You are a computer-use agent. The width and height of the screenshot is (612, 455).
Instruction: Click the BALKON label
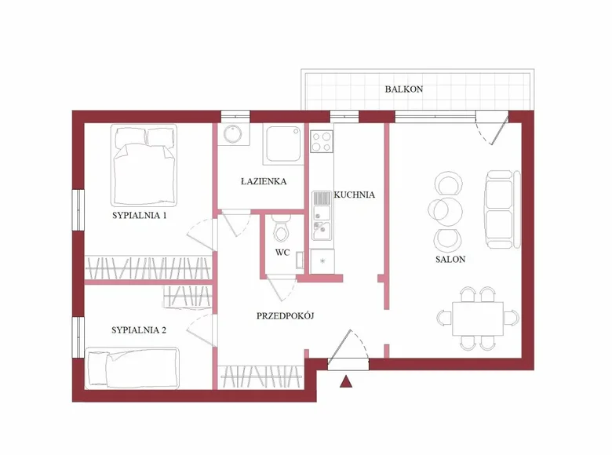(404, 89)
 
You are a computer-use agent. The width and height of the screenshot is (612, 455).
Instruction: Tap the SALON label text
(451, 260)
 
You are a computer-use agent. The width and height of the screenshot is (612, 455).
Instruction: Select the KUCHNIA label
(355, 195)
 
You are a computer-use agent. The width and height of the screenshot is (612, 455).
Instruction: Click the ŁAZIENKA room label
(263, 181)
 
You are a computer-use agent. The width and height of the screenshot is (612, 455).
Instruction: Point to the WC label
(282, 253)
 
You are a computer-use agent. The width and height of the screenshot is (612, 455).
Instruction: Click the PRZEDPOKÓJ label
(286, 316)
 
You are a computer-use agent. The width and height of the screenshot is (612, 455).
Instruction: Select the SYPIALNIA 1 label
(139, 215)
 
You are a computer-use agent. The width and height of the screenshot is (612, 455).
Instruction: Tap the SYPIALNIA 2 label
(139, 330)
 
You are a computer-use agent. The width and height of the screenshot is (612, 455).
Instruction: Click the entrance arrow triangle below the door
(345, 383)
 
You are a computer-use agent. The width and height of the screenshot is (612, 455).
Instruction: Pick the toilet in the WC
(282, 231)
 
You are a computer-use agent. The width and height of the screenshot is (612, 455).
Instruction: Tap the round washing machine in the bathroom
(232, 134)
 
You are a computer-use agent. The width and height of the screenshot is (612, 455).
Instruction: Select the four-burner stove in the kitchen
(322, 142)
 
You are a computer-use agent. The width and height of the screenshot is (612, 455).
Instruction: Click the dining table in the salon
(479, 317)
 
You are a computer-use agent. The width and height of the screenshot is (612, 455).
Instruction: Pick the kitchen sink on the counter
(321, 229)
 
